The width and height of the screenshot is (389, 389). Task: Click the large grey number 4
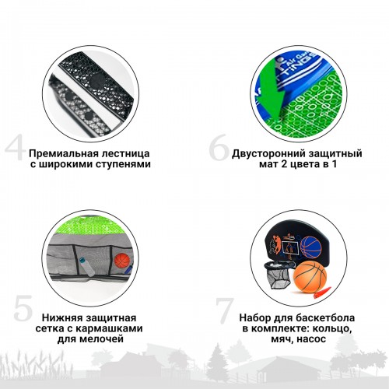[x=15, y=149]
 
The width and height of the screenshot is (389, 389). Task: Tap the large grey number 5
[x=23, y=308]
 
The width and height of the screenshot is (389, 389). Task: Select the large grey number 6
[x=219, y=148]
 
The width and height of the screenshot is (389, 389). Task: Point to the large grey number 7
[x=225, y=311]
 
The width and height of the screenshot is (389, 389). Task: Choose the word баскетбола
[x=325, y=317]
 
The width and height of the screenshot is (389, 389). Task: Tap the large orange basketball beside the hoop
[x=310, y=278]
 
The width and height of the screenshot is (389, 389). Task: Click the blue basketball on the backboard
[x=311, y=247]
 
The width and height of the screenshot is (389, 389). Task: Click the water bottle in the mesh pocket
[x=86, y=267]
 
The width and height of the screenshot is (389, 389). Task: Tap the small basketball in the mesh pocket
[x=122, y=261]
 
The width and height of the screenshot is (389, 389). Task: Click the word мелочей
[x=104, y=339]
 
